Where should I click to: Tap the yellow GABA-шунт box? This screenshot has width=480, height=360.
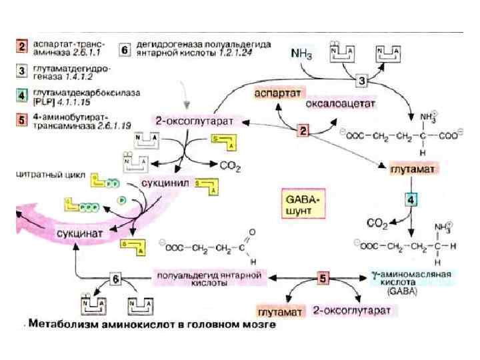304,204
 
